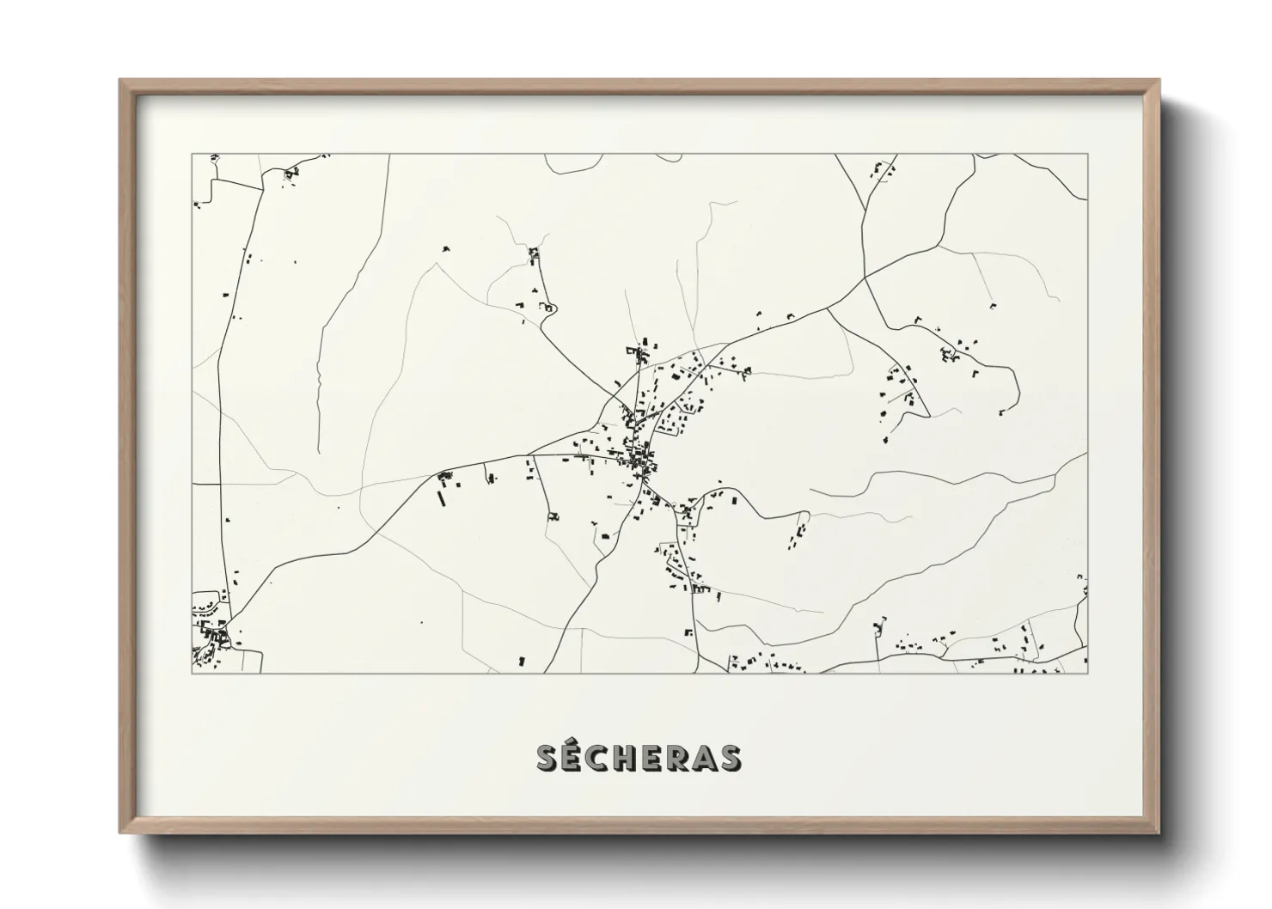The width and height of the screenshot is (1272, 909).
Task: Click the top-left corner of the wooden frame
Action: tap(120, 80)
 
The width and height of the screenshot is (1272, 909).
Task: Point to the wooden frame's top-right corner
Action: tap(1159, 80)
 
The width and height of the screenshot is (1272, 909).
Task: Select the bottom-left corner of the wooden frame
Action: tap(120, 833)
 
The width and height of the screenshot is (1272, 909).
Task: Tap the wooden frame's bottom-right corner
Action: tap(1159, 833)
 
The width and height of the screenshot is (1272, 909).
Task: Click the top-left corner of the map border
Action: tap(192, 155)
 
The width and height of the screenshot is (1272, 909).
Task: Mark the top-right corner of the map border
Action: tap(1087, 155)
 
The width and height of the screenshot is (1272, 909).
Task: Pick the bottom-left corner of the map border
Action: tap(192, 673)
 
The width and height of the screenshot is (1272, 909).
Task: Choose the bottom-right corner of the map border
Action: tap(1087, 673)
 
